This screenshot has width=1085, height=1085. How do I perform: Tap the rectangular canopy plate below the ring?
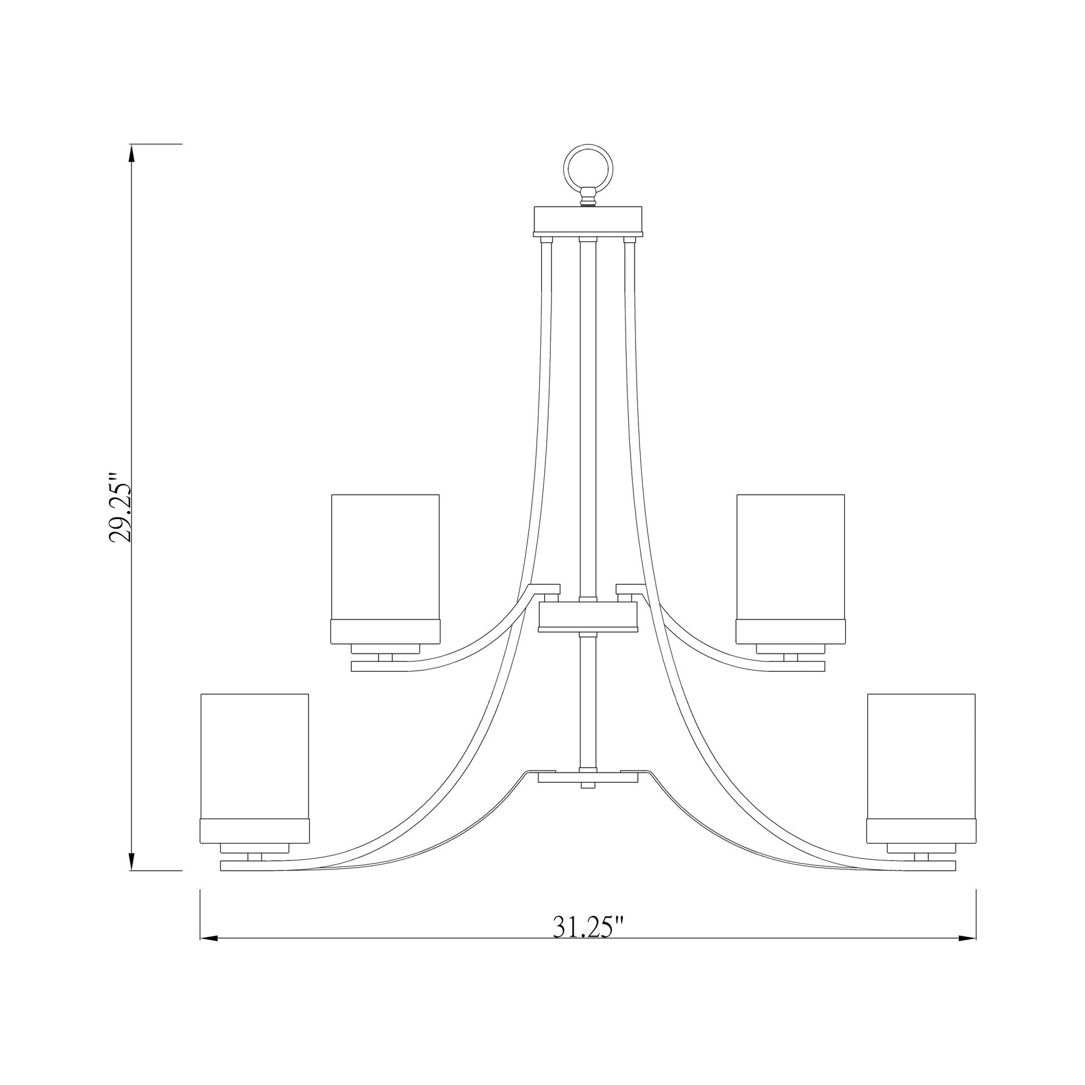(588, 220)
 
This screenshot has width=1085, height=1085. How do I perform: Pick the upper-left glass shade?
(385, 556)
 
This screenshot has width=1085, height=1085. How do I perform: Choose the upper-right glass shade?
(790, 556)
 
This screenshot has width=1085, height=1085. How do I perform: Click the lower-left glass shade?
(254, 755)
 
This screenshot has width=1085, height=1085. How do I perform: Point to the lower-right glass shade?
(921, 755)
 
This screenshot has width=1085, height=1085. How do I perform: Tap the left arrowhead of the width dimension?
(209, 938)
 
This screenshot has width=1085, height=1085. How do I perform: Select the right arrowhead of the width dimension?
(967, 938)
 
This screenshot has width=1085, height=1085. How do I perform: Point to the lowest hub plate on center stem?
(588, 778)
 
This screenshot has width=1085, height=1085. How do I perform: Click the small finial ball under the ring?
(588, 198)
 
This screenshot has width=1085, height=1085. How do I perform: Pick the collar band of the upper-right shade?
(790, 632)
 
